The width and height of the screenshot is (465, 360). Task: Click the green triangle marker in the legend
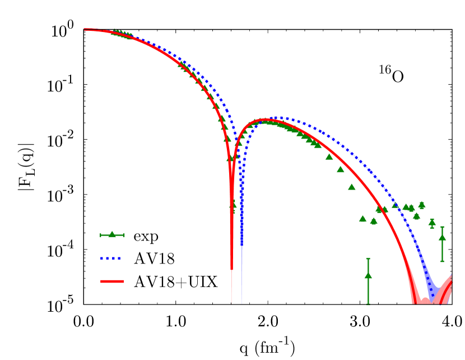coord(112,234)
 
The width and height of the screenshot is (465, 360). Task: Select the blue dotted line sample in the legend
coord(111,259)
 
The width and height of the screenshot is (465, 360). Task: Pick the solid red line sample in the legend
coord(112,281)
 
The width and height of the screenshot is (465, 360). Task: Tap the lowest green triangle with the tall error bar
coord(368,275)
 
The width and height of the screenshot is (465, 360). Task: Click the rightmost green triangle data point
coord(442,238)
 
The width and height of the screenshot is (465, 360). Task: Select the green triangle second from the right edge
coord(432,223)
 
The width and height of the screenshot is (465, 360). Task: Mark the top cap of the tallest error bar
coord(368,259)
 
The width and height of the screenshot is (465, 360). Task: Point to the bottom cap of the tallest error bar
coord(368,304)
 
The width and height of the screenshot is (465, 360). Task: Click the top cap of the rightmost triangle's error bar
coord(442,227)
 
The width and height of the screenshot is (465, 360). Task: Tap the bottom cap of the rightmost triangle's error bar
coord(442,261)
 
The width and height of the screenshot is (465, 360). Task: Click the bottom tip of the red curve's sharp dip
coord(231,269)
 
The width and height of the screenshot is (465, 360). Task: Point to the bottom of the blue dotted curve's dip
coord(242,244)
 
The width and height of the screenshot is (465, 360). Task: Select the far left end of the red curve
coord(85,30)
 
